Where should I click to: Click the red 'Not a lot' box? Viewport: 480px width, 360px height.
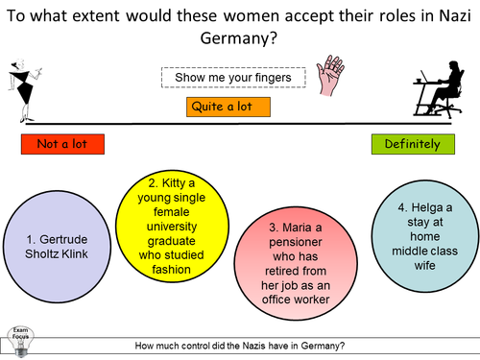coord(61,145)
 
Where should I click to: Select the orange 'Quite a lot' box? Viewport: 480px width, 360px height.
coord(228,107)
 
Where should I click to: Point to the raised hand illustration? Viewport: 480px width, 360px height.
coord(333,73)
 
